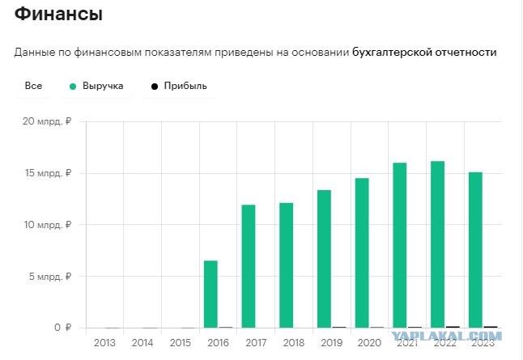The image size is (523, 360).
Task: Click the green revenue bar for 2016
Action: pos(210,294)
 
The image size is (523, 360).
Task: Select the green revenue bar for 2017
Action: pos(249,266)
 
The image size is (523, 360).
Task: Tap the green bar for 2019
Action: pos(324,259)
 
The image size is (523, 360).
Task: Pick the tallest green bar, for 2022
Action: pos(438,244)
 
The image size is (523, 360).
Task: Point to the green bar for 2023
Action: pos(475,250)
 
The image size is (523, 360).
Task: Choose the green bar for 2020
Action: pos(362,253)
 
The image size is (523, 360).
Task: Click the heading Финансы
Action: pos(58,14)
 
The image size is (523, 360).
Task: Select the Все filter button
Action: pos(33,86)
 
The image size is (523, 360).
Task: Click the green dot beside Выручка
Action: pos(73,87)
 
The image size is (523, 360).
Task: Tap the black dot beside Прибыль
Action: pos(155,87)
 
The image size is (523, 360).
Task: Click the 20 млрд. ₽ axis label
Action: pos(47,121)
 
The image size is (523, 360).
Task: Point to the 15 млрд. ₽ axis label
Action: pos(48,173)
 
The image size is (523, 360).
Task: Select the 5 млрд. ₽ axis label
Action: pos(50,277)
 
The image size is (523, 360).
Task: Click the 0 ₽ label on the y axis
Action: pos(63,328)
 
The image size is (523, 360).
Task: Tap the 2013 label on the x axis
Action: pos(104,343)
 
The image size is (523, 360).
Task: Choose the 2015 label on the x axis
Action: pos(180,343)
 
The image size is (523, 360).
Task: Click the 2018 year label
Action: pos(294,343)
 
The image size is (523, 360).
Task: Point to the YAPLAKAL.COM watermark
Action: pos(446,336)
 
